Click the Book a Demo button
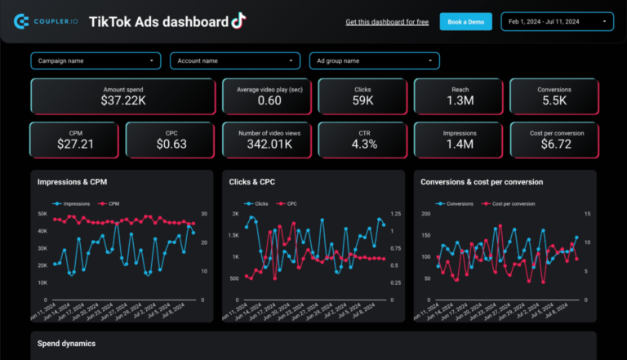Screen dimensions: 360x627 465,22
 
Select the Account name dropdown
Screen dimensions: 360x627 235,60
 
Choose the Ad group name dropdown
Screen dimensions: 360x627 374,60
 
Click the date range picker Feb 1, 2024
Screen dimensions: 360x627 557,22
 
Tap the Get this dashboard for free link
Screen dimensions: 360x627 387,22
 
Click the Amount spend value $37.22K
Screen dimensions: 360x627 124,100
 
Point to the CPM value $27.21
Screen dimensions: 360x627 76,144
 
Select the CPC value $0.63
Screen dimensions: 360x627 171,144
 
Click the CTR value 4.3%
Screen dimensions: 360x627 363,144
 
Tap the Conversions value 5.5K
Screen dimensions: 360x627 554,100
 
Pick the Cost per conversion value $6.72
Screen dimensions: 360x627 554,144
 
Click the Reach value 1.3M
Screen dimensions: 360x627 459,100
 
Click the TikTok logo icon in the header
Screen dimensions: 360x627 238,20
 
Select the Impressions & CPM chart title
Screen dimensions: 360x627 73,182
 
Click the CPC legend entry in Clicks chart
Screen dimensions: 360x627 290,203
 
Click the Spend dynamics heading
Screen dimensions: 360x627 66,344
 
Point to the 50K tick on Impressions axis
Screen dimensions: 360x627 42,214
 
